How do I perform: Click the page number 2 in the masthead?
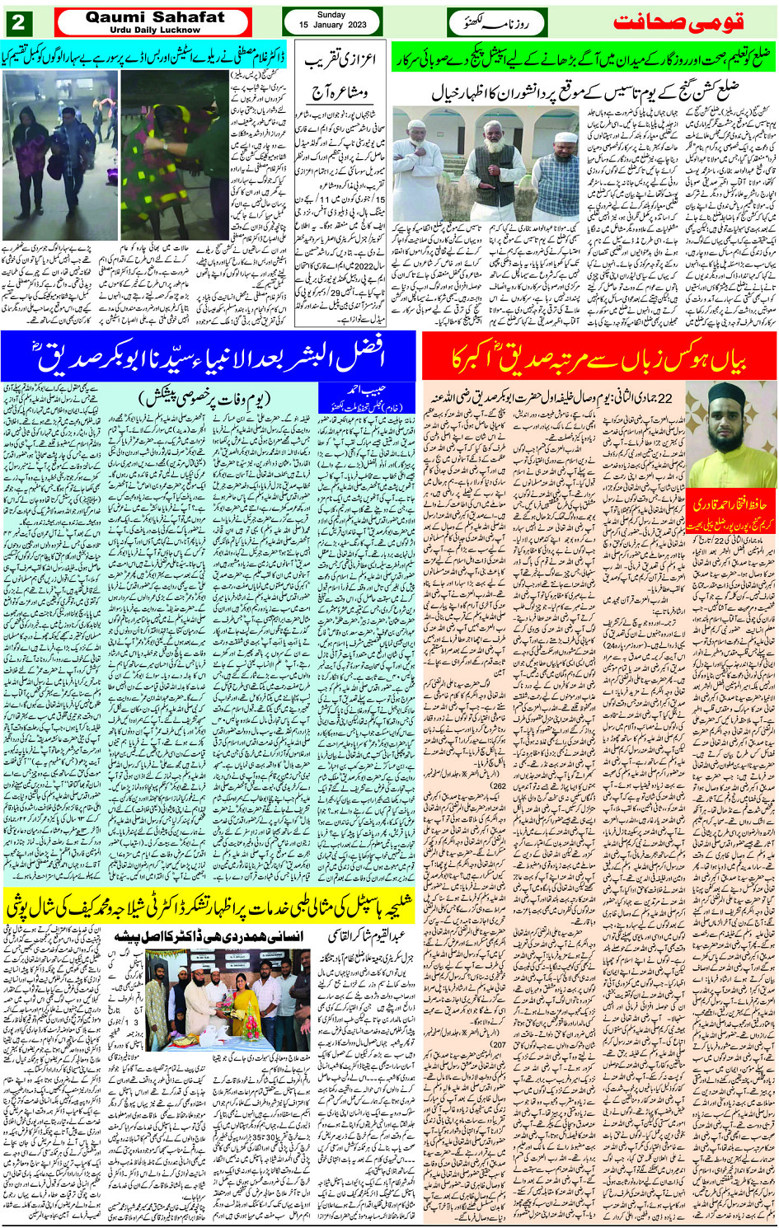click(19, 22)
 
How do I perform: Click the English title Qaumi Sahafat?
click(155, 17)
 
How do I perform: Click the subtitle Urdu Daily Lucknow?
click(155, 30)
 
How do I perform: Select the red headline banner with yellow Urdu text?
click(600, 358)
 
